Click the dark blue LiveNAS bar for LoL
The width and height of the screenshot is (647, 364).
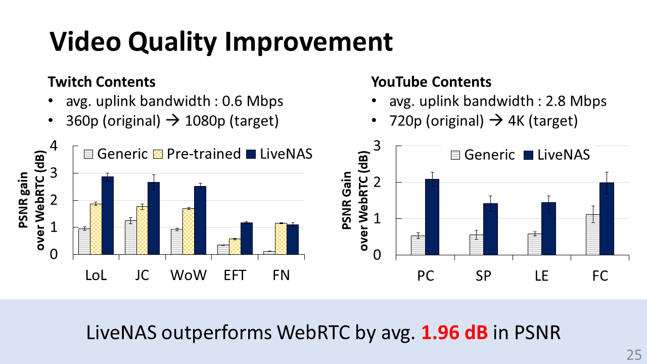pyautogui.click(x=108, y=215)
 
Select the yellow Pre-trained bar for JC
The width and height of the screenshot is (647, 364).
pyautogui.click(x=142, y=231)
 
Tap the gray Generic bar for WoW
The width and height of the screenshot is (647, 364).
pyautogui.click(x=177, y=242)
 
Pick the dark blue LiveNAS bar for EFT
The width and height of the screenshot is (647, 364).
pyautogui.click(x=246, y=239)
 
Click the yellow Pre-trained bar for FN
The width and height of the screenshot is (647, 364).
pyautogui.click(x=281, y=239)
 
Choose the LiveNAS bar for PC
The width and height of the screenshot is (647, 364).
pyautogui.click(x=432, y=217)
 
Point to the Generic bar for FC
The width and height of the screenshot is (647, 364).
pyautogui.click(x=593, y=235)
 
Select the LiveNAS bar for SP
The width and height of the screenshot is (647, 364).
pyautogui.click(x=490, y=229)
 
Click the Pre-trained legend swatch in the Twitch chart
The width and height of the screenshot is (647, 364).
pyautogui.click(x=158, y=154)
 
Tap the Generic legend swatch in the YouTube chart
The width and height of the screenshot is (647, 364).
pyautogui.click(x=455, y=155)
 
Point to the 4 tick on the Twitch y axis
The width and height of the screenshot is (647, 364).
pyautogui.click(x=54, y=146)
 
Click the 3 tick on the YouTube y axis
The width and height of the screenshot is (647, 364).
pyautogui.click(x=377, y=146)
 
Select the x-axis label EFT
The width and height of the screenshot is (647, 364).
pyautogui.click(x=235, y=276)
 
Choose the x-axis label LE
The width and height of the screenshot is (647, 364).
pyautogui.click(x=541, y=276)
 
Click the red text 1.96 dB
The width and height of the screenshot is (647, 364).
pyautogui.click(x=454, y=332)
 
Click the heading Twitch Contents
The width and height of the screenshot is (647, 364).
pyautogui.click(x=102, y=82)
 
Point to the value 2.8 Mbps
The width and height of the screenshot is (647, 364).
pyautogui.click(x=576, y=101)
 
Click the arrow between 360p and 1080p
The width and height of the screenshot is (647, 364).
pyautogui.click(x=173, y=120)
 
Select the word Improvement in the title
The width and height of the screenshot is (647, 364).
pyautogui.click(x=308, y=42)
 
